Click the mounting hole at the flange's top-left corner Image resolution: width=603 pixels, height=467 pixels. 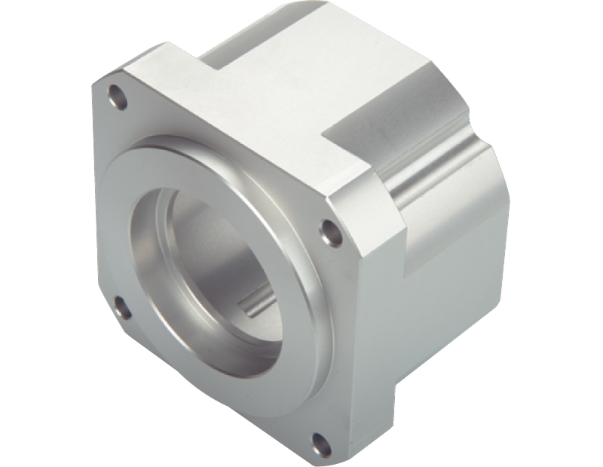[116, 96]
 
